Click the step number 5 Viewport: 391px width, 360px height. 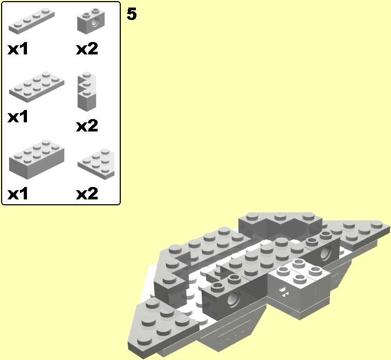pos(132,14)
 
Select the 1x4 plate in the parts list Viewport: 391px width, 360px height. pos(32,21)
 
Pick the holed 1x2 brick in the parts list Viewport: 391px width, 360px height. pos(91,21)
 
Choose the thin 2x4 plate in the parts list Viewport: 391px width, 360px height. pos(37,87)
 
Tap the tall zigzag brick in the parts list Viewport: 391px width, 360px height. pos(87,91)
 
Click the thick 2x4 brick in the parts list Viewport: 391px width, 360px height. pos(37,160)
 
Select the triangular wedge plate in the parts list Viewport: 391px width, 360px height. pos(96,164)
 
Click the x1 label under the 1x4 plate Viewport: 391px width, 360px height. pos(18,49)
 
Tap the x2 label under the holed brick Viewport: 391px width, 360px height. pos(87,49)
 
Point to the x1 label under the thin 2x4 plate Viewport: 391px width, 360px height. pos(18,117)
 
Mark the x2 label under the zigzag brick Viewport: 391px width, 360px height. pos(87,126)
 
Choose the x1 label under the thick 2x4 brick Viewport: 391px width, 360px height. pos(18,194)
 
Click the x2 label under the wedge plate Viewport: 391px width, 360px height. pos(87,193)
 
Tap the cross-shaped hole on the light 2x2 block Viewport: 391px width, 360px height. pos(283,292)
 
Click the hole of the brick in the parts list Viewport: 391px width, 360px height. pos(95,23)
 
